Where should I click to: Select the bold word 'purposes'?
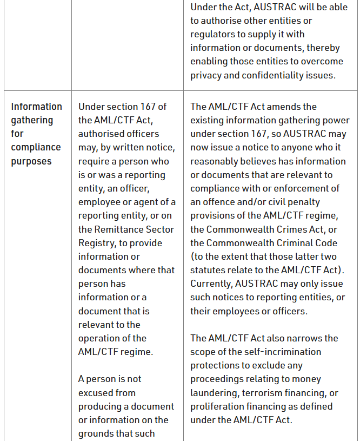31,161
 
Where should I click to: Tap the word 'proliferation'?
218,406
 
